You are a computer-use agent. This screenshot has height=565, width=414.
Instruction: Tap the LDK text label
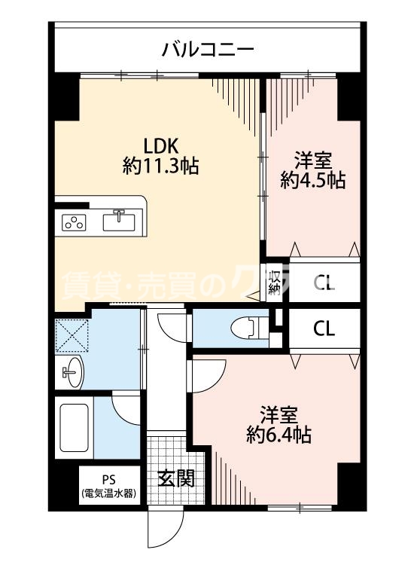(160, 146)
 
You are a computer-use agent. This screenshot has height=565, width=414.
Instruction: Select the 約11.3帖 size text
(160, 166)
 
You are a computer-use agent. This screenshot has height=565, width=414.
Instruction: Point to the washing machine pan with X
(72, 333)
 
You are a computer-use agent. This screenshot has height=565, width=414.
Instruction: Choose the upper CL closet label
(324, 284)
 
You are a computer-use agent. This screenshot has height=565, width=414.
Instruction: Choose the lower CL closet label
(324, 328)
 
